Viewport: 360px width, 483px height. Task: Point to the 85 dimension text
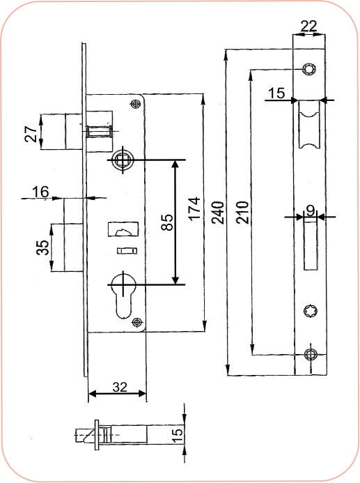(166, 222)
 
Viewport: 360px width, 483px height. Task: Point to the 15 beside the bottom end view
(177, 434)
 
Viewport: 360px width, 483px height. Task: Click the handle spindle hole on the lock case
(123, 160)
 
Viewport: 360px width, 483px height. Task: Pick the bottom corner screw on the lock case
(137, 321)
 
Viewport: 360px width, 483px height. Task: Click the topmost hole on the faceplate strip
(308, 69)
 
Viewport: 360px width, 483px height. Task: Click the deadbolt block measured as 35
(69, 247)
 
